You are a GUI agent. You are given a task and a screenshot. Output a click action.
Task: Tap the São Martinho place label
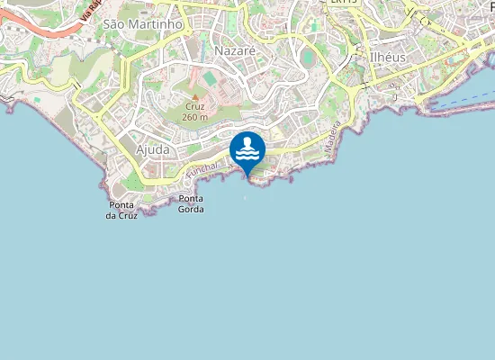(x=143, y=23)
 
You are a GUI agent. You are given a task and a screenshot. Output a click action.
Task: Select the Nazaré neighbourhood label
(x=235, y=50)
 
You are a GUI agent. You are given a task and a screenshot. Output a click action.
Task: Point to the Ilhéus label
(x=388, y=57)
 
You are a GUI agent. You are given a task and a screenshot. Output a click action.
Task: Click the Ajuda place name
(x=152, y=149)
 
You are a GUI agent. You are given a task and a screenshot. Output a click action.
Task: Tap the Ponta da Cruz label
(x=121, y=211)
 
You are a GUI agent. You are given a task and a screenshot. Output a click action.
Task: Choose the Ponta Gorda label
(x=191, y=203)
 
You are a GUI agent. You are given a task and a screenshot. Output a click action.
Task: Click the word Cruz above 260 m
(x=195, y=106)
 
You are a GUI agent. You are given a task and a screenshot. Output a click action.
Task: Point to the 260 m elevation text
(x=195, y=117)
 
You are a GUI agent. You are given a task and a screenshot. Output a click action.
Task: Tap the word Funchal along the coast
(x=204, y=166)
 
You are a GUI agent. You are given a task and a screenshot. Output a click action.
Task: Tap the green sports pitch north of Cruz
(x=210, y=79)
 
